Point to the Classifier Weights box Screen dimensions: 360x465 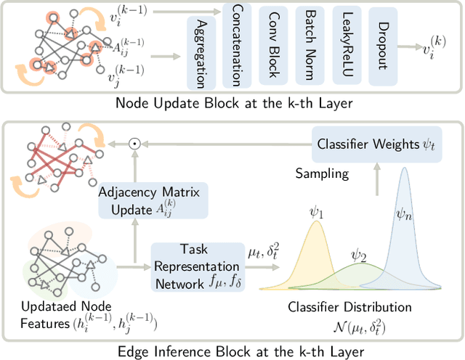375,144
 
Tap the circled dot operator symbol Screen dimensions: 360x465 134,144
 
